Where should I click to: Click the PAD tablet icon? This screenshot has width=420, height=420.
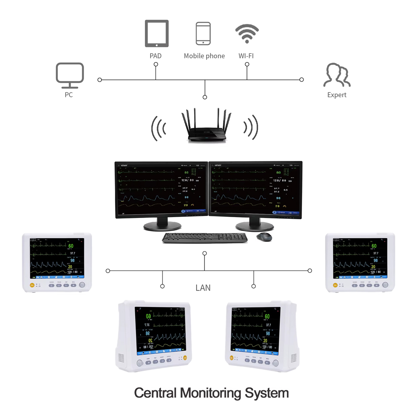click(x=157, y=34)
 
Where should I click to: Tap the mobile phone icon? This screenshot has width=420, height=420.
click(x=203, y=34)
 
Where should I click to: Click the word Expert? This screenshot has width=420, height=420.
click(x=337, y=95)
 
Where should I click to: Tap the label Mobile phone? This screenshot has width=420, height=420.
click(x=204, y=56)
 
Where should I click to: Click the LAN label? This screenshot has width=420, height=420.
click(x=203, y=288)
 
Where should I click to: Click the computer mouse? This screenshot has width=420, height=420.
click(x=264, y=237)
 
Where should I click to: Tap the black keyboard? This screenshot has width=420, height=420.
click(x=205, y=238)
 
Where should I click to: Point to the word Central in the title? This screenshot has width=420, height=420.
click(x=155, y=394)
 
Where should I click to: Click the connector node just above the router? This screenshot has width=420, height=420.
click(x=205, y=97)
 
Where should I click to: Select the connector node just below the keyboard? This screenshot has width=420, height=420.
click(x=205, y=253)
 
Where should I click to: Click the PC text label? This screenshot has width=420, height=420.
click(x=69, y=95)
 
